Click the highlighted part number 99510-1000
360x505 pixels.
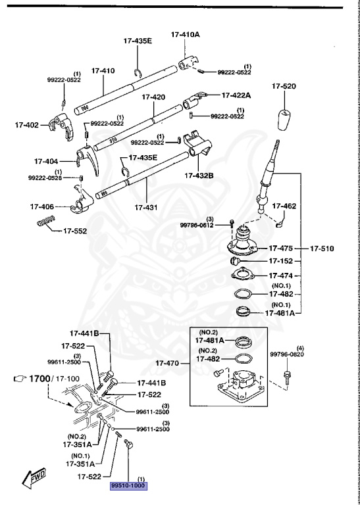click(x=128, y=486)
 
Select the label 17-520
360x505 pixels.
click(x=284, y=87)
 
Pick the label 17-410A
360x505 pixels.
click(x=186, y=34)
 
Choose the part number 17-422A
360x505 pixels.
click(x=236, y=95)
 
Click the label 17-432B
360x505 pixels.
click(x=217, y=176)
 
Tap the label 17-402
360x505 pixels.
click(x=27, y=123)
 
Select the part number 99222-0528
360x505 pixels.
click(x=45, y=178)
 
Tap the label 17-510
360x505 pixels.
click(x=323, y=249)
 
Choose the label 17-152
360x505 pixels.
click(x=280, y=262)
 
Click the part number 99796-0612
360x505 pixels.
click(x=197, y=225)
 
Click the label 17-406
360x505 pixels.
click(x=43, y=206)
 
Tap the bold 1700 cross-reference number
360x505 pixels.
click(x=47, y=379)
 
